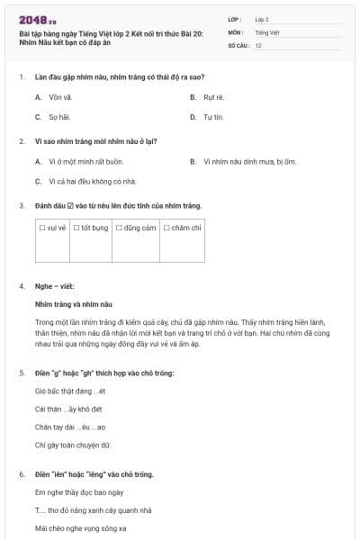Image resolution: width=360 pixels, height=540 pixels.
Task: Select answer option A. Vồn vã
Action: tap(53, 96)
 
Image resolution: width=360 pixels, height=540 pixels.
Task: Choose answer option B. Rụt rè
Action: tap(208, 96)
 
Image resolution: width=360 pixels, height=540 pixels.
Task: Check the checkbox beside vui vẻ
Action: tap(42, 229)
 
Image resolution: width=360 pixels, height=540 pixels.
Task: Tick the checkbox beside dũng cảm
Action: tap(119, 229)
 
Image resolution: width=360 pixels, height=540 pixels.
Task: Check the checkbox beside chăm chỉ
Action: tap(166, 229)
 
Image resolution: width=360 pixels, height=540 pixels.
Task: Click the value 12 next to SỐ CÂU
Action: tap(258, 44)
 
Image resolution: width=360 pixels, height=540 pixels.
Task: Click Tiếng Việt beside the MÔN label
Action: tap(266, 31)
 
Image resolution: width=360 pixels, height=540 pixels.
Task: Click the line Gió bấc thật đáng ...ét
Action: tap(70, 391)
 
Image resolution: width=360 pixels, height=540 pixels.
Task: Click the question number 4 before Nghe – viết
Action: tap(21, 286)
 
